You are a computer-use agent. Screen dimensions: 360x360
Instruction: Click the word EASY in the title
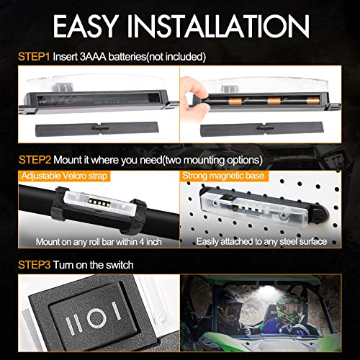pyautogui.click(x=86, y=26)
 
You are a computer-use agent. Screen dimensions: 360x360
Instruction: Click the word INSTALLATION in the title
pyautogui.click(x=218, y=26)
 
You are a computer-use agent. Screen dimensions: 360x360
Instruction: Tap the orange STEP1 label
pyautogui.click(x=34, y=57)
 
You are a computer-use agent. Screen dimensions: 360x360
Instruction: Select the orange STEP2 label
pyautogui.click(x=35, y=160)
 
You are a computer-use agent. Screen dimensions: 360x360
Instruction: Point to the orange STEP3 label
pyautogui.click(x=35, y=265)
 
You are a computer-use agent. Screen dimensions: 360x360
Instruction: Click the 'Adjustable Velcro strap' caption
pyautogui.click(x=64, y=176)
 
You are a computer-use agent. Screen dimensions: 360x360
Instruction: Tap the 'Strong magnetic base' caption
pyautogui.click(x=223, y=176)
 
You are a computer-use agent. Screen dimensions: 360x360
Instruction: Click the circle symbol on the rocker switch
pyautogui.click(x=96, y=318)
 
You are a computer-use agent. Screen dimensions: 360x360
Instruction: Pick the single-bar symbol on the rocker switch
pyautogui.click(x=116, y=311)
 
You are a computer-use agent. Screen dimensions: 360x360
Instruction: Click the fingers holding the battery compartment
pyautogui.click(x=193, y=99)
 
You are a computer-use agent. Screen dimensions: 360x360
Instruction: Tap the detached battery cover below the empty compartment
pyautogui.click(x=97, y=129)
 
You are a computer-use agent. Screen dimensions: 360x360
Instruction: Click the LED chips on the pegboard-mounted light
pyautogui.click(x=251, y=208)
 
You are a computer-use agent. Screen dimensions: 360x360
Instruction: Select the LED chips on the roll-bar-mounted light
pyautogui.click(x=98, y=202)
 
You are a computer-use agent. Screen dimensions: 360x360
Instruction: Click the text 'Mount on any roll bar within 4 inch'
pyautogui.click(x=99, y=242)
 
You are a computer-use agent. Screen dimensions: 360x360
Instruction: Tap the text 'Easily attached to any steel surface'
pyautogui.click(x=261, y=241)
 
